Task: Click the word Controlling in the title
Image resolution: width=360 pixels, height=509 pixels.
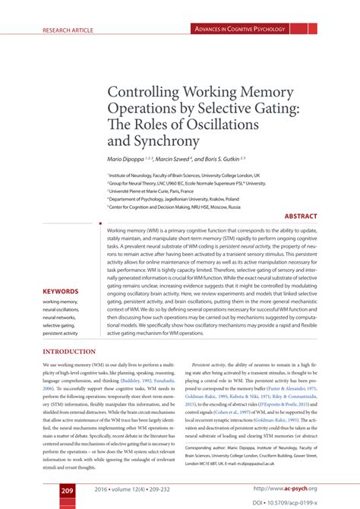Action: click(x=149, y=90)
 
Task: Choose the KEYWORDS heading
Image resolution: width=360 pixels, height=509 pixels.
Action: click(x=61, y=291)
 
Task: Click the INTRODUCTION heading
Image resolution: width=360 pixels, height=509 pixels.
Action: click(x=69, y=352)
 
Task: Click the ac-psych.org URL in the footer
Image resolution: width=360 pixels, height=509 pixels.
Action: click(x=285, y=488)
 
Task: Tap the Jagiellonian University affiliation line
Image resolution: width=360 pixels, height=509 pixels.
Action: click(x=177, y=198)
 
